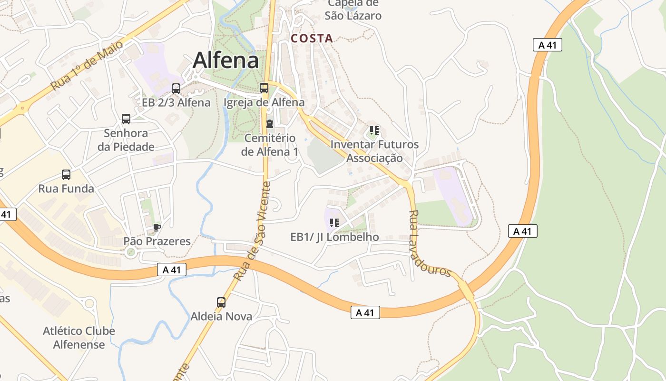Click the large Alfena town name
tap(226, 60)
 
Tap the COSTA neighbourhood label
tap(312, 39)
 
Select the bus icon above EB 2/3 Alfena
tap(176, 88)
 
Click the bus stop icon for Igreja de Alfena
tap(264, 88)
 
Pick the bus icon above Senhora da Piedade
tap(126, 119)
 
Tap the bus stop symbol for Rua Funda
tap(66, 175)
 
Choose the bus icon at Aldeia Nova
tap(221, 302)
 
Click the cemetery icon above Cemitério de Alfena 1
tap(270, 124)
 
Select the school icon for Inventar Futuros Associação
tap(374, 130)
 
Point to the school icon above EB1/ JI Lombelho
tap(334, 222)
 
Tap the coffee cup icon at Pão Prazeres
tap(157, 227)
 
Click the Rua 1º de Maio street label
tap(87, 65)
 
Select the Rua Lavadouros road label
tap(429, 243)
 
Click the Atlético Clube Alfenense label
tap(79, 338)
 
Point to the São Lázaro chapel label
tap(353, 9)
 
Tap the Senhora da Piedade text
tap(126, 140)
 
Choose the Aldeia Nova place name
tap(221, 316)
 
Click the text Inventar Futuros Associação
tap(375, 151)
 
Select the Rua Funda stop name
tap(66, 189)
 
